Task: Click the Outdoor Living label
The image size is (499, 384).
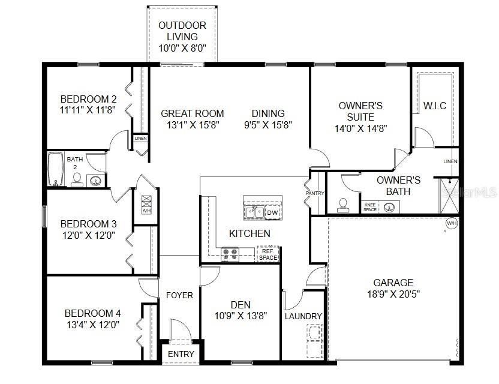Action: pos(182,37)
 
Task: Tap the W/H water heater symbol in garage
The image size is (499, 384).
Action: pos(451,224)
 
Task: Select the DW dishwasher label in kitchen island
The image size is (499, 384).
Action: pos(272,212)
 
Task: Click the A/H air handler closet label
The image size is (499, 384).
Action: pos(146,211)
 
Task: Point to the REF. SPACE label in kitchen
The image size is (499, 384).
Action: pos(268,254)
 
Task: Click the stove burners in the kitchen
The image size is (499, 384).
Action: pos(230,254)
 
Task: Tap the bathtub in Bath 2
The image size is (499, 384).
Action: pos(56,170)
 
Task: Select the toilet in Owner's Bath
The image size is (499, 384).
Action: pos(343,205)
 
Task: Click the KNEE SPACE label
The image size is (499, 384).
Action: pos(370,208)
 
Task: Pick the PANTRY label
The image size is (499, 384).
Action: pos(314,194)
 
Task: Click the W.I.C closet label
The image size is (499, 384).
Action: pos(434,106)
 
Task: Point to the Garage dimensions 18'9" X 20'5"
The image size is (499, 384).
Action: pos(393,294)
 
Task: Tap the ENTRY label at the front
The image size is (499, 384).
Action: pos(181,354)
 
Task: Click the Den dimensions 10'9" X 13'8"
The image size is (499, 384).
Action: pos(240,314)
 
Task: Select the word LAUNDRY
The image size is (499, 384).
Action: pos(303,316)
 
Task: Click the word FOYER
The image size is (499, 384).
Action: pos(179,295)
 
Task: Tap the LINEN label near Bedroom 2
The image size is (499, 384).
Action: pos(140,138)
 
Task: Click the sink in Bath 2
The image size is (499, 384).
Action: pos(95,179)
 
